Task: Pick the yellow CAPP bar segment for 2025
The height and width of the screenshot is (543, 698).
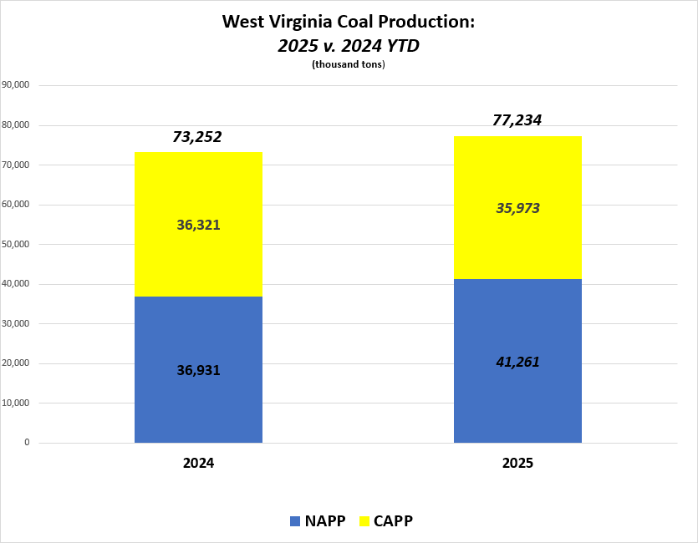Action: point(517,175)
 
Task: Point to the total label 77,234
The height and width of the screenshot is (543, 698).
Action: point(517,120)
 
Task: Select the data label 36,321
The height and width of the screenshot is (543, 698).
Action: point(198,225)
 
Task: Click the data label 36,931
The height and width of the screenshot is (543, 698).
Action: point(198,369)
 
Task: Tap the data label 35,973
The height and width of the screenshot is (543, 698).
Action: point(517,208)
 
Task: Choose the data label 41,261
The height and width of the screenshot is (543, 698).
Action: point(517,362)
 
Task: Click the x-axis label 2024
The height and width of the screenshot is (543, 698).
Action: point(198,462)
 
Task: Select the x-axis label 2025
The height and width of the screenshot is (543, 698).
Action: point(517,462)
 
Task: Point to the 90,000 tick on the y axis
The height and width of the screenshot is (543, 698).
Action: point(17,85)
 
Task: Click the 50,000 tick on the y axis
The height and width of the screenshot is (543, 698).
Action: point(17,244)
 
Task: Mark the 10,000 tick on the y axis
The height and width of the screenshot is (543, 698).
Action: point(17,403)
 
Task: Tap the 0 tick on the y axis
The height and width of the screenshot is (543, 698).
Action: point(27,443)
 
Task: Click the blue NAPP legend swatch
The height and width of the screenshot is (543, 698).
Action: point(294,521)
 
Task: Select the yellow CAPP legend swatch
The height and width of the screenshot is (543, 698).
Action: point(364,521)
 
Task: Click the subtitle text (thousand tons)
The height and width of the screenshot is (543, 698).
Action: point(348,65)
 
